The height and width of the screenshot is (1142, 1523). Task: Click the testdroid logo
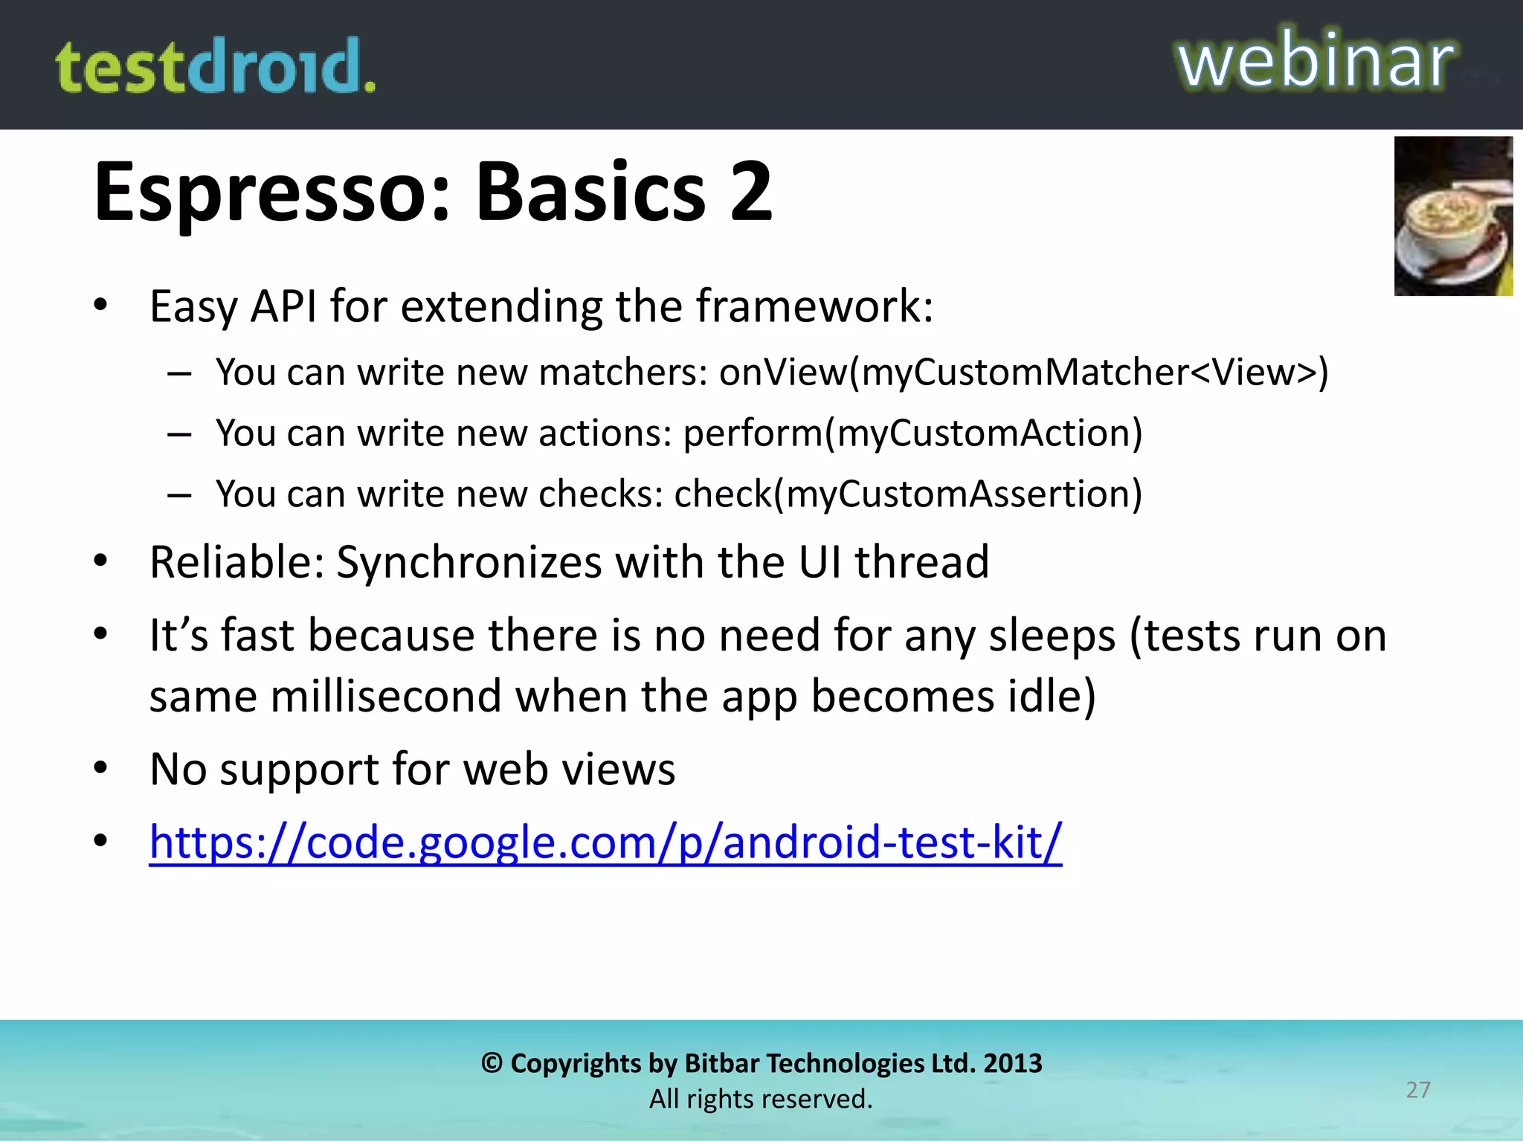tap(216, 67)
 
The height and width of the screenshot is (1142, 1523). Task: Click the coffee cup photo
tap(1453, 216)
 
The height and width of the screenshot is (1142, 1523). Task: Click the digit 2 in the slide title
tap(751, 193)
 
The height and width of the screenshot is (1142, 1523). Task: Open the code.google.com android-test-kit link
tap(605, 842)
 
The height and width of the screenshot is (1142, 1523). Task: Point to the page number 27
tap(1418, 1090)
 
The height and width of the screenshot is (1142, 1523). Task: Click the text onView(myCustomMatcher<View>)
tap(1023, 372)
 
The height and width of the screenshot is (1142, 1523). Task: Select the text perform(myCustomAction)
tap(912, 433)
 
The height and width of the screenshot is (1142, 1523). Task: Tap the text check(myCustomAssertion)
tap(908, 494)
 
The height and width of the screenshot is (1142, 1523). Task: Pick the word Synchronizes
tap(469, 562)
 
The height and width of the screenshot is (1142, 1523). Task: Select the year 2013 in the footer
tap(1013, 1063)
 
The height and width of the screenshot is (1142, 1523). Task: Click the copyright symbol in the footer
tap(492, 1063)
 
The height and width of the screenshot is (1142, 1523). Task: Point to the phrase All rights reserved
tap(761, 1099)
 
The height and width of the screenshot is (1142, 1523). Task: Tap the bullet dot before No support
tap(101, 767)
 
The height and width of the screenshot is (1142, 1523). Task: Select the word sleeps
tap(1052, 636)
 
